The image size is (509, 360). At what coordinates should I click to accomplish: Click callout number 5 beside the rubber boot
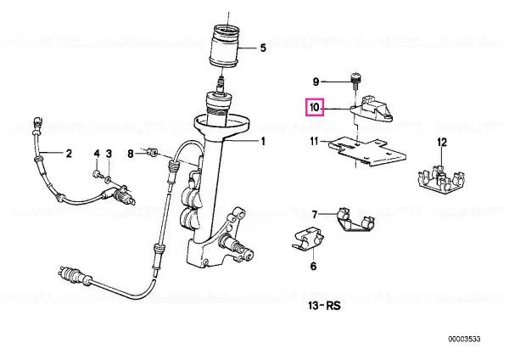263,48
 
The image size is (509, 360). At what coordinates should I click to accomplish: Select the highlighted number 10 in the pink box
315,107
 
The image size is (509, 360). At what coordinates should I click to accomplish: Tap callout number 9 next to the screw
316,82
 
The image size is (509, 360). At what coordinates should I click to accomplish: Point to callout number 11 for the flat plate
314,141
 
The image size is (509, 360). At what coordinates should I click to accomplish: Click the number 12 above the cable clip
442,142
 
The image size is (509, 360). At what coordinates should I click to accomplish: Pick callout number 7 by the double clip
314,215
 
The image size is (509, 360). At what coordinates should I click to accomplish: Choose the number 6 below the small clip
313,266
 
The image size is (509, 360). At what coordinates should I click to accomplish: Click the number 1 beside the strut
263,141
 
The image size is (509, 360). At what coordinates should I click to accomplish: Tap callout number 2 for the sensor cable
69,153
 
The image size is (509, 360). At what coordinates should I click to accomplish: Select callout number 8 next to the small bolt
130,154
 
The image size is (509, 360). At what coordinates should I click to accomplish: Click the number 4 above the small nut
97,154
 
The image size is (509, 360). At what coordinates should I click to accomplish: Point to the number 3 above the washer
109,154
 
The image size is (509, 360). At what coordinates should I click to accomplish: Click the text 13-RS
325,306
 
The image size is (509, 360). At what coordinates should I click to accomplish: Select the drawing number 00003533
464,340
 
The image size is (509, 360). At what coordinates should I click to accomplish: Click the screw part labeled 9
356,82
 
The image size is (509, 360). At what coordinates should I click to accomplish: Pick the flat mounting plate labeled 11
366,151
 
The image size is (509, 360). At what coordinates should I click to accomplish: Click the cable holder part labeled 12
441,179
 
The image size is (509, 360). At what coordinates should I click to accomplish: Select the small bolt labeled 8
152,152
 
